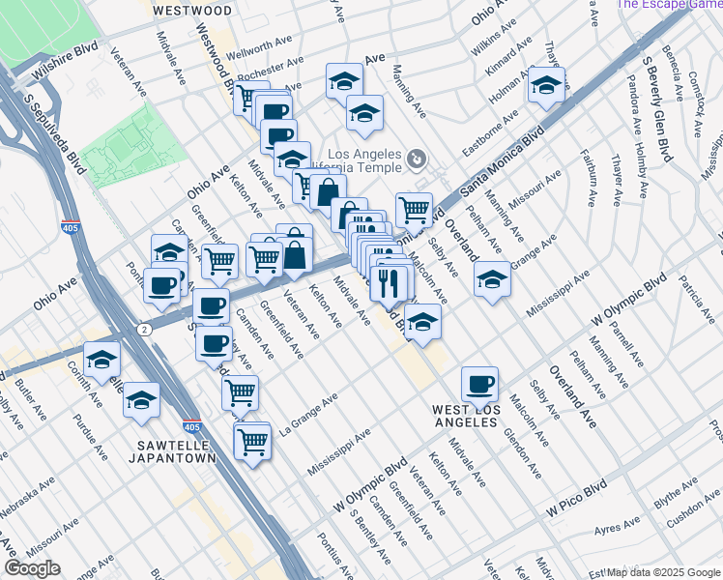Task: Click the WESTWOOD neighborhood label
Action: pos(192,11)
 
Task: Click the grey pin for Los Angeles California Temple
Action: pos(417,158)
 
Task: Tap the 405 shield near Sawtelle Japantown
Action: pos(191,425)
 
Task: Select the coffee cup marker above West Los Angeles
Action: pos(479,385)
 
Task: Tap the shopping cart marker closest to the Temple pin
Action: pos(414,208)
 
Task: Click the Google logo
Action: pos(32,568)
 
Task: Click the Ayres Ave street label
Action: pos(618,527)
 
